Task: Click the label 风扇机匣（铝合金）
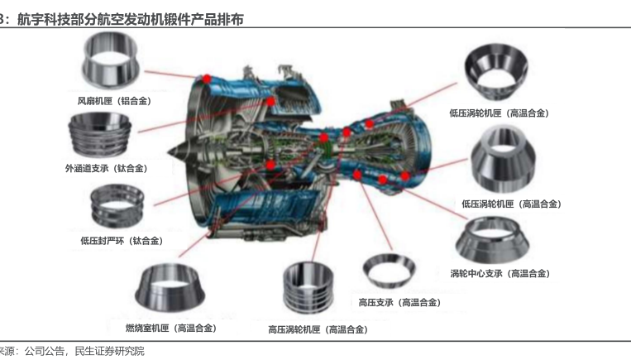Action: click(x=114, y=101)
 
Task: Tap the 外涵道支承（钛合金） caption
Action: click(x=106, y=168)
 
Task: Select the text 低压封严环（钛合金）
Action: click(x=122, y=241)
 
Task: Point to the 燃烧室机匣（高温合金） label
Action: click(x=171, y=329)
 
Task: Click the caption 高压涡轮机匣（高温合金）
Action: click(x=318, y=329)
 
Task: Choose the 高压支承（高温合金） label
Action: click(x=399, y=302)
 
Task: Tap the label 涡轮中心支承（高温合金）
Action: click(x=500, y=274)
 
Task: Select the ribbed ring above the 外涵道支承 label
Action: click(x=100, y=135)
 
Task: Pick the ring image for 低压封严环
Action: click(x=117, y=206)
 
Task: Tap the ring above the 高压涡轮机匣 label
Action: click(x=308, y=287)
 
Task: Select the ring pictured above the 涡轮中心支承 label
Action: click(x=492, y=241)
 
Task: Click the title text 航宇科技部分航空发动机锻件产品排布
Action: click(x=131, y=19)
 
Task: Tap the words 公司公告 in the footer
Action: click(x=45, y=351)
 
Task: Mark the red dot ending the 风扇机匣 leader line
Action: click(x=207, y=79)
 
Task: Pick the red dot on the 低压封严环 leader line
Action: click(x=270, y=165)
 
